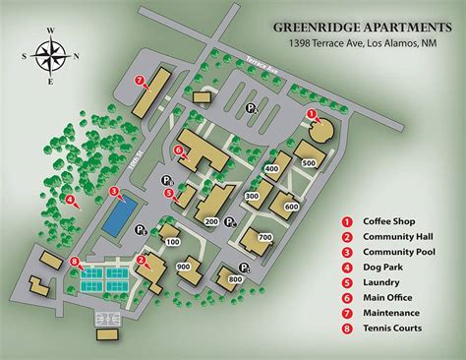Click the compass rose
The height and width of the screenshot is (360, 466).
point(50,58)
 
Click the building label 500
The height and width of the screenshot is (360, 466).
point(307,162)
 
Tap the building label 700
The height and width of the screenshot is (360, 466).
point(264,238)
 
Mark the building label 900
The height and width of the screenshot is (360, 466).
point(183,267)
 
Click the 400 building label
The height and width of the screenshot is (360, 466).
point(271,169)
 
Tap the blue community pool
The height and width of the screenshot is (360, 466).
point(117,215)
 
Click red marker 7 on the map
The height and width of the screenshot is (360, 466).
point(140,80)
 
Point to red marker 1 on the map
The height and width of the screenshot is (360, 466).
point(313,115)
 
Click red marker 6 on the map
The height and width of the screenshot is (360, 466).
point(178,150)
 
